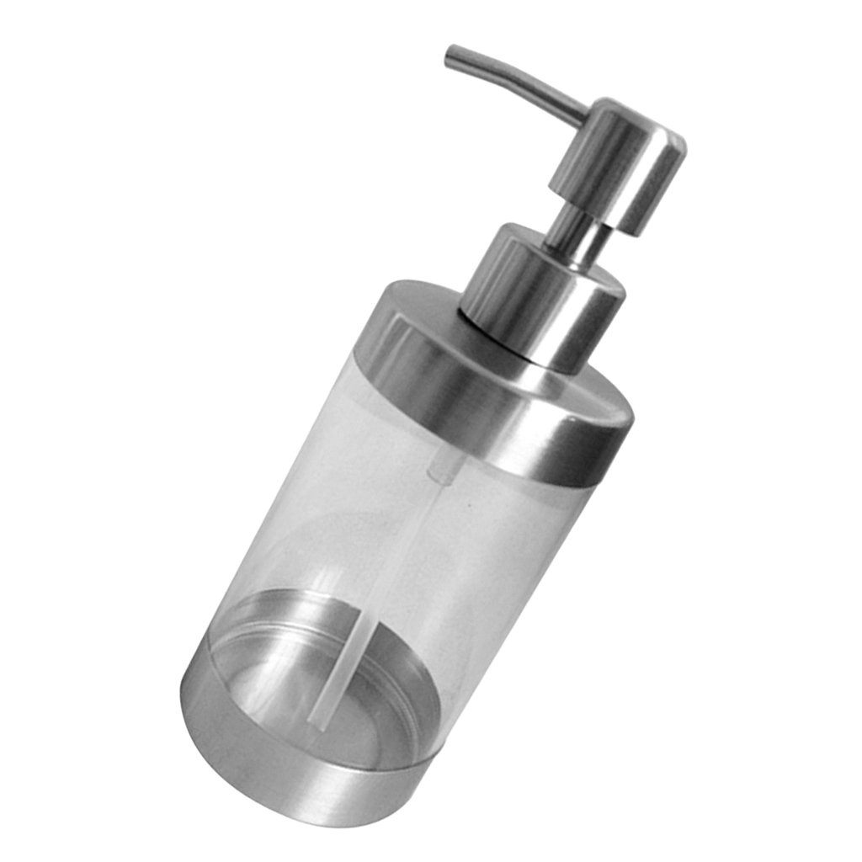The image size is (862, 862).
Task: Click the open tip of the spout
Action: coord(450,55)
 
